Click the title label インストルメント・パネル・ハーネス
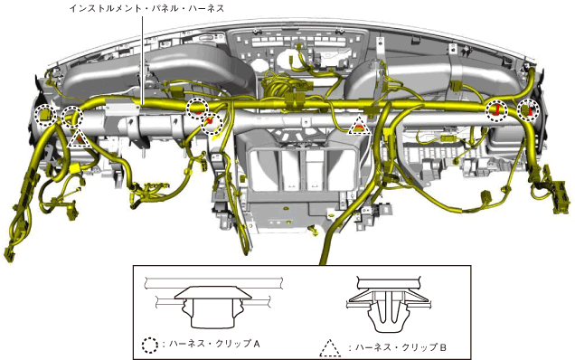pos(146,8)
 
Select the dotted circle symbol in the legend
pos(150,345)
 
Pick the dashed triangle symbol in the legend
pos(330,348)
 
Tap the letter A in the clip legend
pos(257,344)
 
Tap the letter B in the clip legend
pos(443,347)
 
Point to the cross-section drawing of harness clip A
pos(213,302)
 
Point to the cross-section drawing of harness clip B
pos(389,303)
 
